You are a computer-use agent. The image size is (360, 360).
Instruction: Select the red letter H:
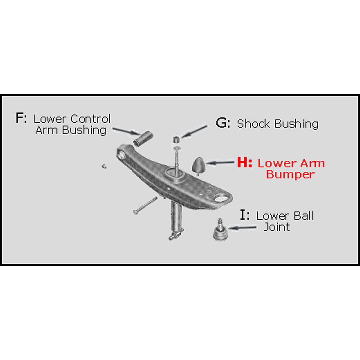point(245,163)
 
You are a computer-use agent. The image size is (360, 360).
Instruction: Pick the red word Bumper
point(290,175)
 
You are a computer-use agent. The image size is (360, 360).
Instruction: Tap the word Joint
point(276,227)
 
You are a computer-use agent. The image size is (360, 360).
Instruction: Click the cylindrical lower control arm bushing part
point(143,139)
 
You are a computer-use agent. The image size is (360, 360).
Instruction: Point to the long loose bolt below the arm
point(145,206)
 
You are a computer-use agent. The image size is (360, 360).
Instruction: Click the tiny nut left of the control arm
point(103,166)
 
